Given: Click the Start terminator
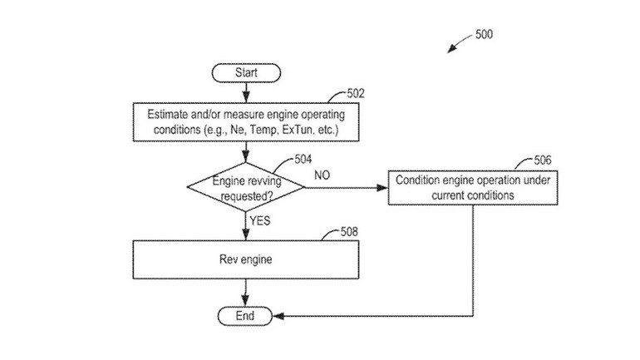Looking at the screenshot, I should tap(246, 73).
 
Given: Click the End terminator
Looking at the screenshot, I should tap(246, 315).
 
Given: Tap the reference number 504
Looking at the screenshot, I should tap(303, 159).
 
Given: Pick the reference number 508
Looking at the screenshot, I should tap(350, 232).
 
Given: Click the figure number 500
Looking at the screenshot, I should tap(484, 35).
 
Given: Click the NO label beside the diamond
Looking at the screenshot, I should tap(324, 175).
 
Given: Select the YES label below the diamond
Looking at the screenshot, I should tap(260, 221).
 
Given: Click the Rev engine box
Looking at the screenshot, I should tap(246, 259).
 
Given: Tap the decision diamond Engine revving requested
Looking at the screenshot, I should tap(246, 187).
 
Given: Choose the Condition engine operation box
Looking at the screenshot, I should tap(472, 187).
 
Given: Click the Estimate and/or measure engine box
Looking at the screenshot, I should tap(246, 123).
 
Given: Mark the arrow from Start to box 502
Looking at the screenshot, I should tap(246, 93).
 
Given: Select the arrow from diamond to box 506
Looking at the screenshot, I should tap(345, 187).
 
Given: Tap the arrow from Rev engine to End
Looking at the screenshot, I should tap(246, 293).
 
